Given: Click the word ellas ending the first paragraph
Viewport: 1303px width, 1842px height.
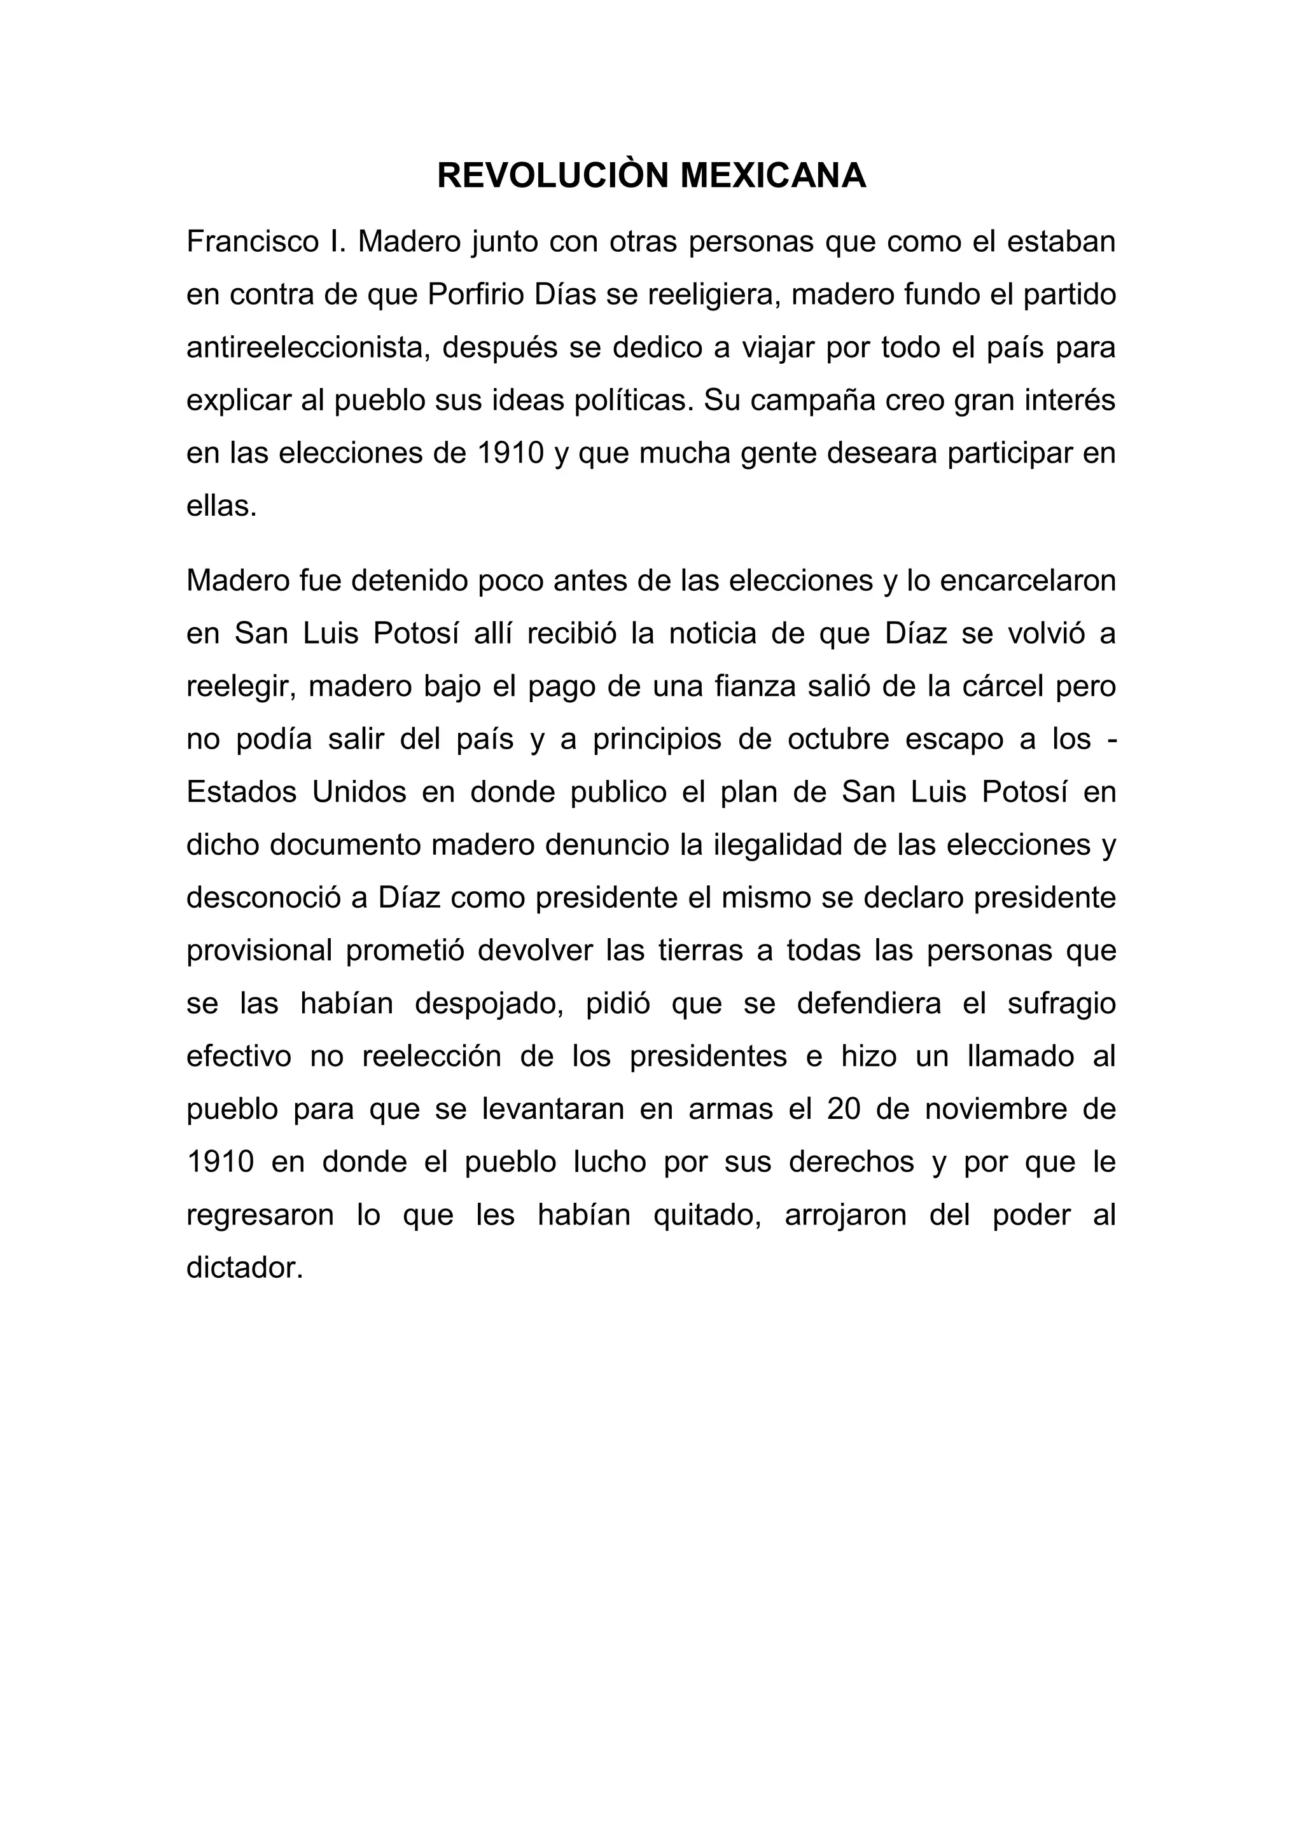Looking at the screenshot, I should coord(221,506).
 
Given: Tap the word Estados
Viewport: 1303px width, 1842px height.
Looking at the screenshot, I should coord(240,792).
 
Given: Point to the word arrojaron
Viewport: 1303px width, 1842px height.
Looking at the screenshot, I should coord(846,1215).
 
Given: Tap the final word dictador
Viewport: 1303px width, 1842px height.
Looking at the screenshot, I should coord(245,1268).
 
